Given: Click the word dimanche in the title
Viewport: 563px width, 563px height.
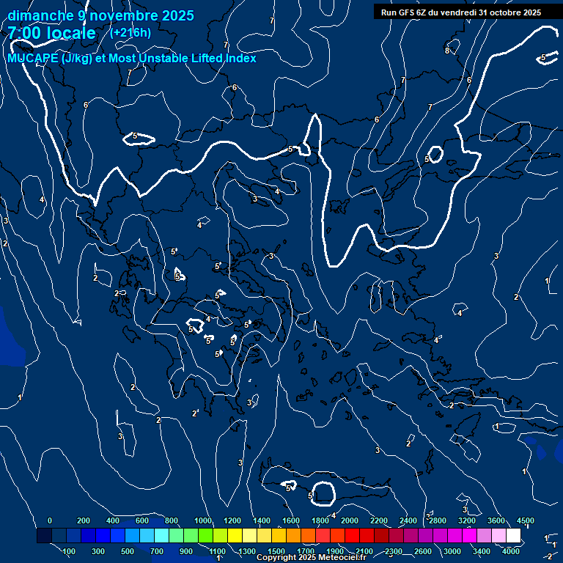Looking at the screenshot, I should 36,15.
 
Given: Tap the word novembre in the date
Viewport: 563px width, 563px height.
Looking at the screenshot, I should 118,15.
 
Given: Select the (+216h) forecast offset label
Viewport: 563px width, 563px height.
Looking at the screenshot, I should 130,32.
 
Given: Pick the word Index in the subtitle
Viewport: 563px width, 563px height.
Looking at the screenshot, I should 240,59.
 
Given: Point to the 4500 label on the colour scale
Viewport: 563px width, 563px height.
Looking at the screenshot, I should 525,520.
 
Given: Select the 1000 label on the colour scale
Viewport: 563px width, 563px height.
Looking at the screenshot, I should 203,520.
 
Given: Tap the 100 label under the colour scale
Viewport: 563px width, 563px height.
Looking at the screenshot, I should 69,551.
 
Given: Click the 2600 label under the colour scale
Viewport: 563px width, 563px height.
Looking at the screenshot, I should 423,551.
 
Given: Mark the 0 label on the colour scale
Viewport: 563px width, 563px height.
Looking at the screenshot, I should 49,520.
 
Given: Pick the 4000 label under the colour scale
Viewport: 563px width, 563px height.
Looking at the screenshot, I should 512,551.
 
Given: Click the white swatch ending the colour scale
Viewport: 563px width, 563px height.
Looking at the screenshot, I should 513,536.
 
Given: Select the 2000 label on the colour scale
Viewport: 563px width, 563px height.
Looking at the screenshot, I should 350,520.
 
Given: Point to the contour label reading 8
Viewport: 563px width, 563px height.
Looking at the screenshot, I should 447,51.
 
